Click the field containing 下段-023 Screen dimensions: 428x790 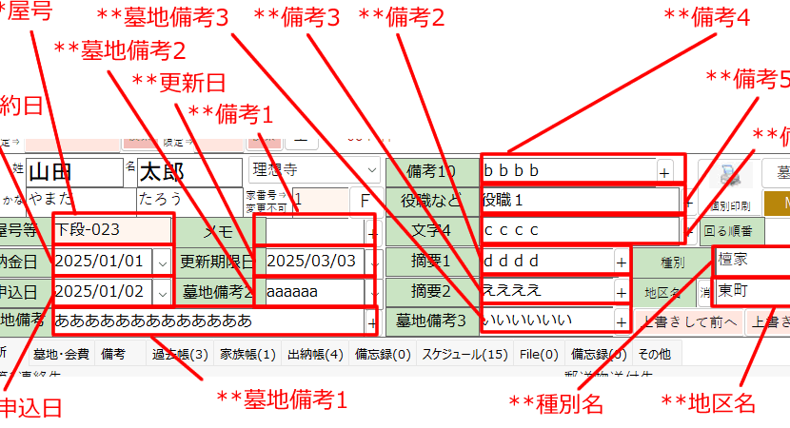111,229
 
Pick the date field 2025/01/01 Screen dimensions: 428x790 103,261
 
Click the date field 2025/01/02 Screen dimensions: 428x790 103,291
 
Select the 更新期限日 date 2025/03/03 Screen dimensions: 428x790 312,261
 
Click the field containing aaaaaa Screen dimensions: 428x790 312,291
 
